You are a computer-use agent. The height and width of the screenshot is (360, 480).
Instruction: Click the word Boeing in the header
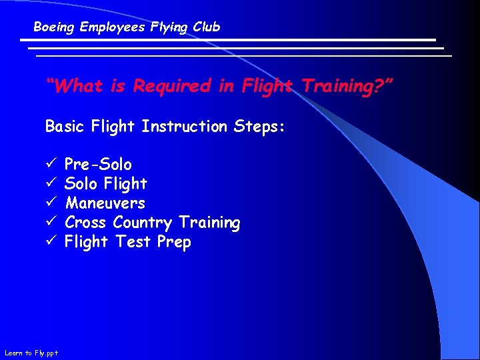pos(55,27)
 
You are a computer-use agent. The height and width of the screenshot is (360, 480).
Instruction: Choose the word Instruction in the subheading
pos(184,126)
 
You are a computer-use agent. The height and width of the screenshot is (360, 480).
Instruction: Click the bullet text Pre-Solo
pos(98,164)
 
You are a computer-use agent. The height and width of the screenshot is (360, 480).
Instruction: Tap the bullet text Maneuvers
pos(105,203)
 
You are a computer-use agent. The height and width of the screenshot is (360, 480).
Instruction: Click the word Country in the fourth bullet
pos(142,222)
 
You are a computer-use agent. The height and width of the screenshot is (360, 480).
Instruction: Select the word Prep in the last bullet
pos(174,242)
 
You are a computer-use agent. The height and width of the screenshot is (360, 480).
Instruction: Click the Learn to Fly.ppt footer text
pos(31,353)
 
